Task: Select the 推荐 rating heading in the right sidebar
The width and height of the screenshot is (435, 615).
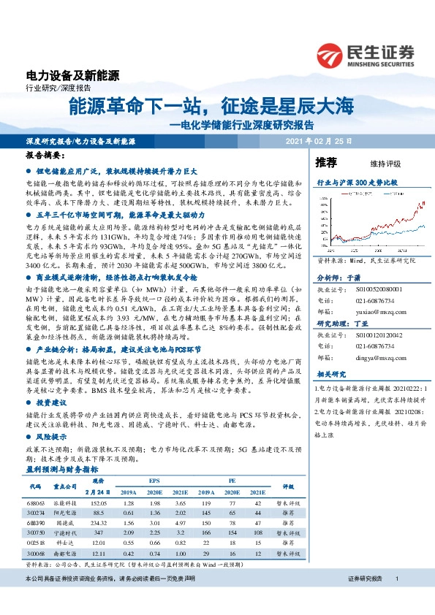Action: click(326, 162)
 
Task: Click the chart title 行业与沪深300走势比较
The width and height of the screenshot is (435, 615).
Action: click(357, 182)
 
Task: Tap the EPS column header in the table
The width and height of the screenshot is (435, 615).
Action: click(154, 481)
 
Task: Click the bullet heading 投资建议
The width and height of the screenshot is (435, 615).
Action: click(50, 402)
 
